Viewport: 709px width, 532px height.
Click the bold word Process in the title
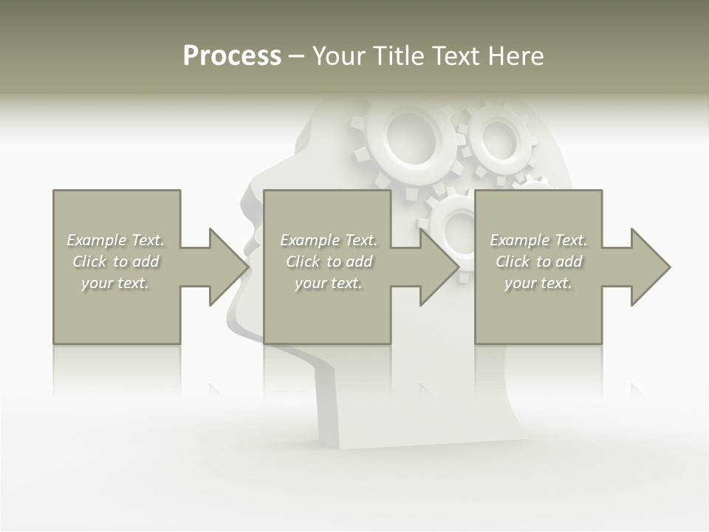pyautogui.click(x=232, y=56)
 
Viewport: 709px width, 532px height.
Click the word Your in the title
pyautogui.click(x=340, y=56)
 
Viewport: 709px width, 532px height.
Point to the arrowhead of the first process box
pyautogui.click(x=228, y=267)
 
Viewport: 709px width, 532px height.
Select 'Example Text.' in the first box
pyautogui.click(x=115, y=240)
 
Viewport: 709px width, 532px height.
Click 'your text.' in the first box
pyautogui.click(x=115, y=283)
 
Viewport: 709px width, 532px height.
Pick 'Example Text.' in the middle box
pyautogui.click(x=329, y=240)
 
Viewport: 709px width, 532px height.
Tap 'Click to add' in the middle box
pyautogui.click(x=329, y=262)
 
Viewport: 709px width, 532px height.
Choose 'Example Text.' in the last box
pyautogui.click(x=538, y=240)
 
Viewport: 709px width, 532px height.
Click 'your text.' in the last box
pyautogui.click(x=538, y=283)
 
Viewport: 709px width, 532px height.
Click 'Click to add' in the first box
pyautogui.click(x=115, y=262)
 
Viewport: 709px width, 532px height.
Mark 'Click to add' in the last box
pyautogui.click(x=538, y=262)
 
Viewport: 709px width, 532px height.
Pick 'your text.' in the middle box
pyautogui.click(x=329, y=283)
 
